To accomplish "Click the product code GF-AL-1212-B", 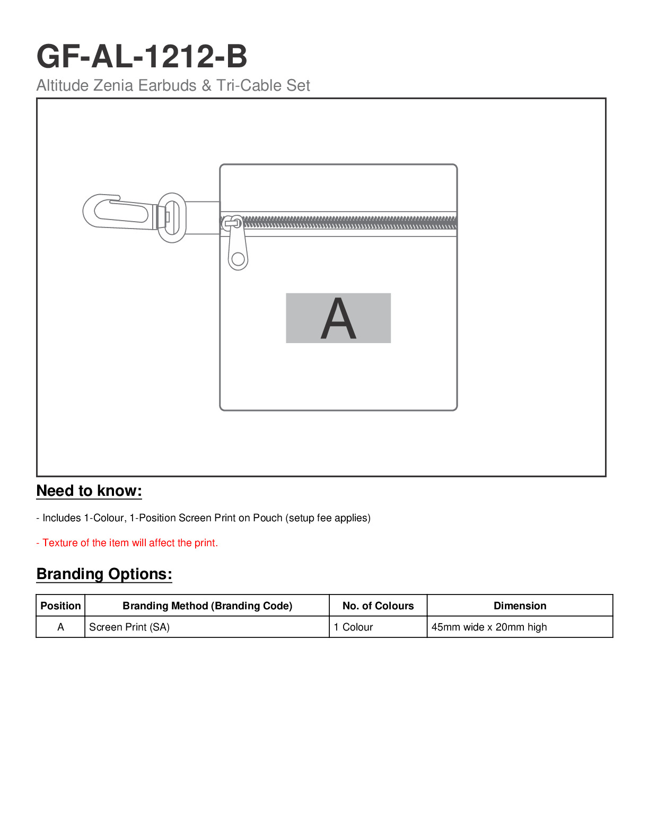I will point(142,57).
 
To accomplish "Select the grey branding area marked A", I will point(338,318).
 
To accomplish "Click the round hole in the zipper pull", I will point(238,259).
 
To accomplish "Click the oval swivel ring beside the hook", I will point(172,217).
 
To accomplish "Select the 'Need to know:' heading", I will point(89,491).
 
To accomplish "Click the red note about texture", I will point(127,543).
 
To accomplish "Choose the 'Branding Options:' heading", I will point(104,574).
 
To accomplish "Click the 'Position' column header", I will point(60,606).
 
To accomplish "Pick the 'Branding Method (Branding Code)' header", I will point(207,606).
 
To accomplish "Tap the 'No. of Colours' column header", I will point(378,606).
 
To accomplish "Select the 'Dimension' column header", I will point(520,606).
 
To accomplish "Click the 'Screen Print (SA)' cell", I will point(129,627).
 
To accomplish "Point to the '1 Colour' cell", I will point(353,627).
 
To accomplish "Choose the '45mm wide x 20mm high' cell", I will point(489,627).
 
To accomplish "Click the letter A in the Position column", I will point(60,627).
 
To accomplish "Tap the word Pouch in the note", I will point(267,518).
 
